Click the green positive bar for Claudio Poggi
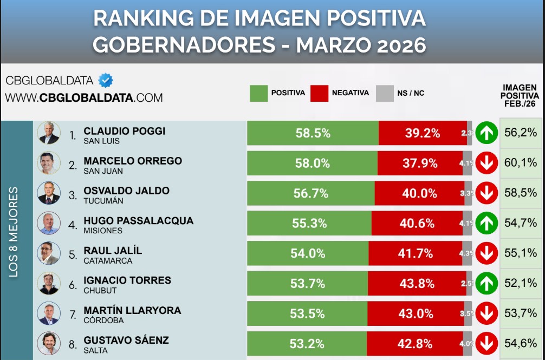pyautogui.click(x=313, y=133)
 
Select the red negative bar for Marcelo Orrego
pyautogui.click(x=420, y=163)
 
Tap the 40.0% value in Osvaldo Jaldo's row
pyautogui.click(x=419, y=193)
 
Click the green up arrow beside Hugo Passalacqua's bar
pyautogui.click(x=486, y=223)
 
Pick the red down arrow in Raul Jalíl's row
pyautogui.click(x=486, y=253)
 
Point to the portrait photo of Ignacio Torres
pyautogui.click(x=48, y=283)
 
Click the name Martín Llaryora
pyautogui.click(x=132, y=311)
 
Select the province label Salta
pyautogui.click(x=95, y=350)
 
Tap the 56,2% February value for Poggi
pyautogui.click(x=520, y=133)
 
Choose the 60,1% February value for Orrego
pyautogui.click(x=520, y=163)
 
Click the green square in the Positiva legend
pyautogui.click(x=258, y=93)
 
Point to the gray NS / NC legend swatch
pyautogui.click(x=384, y=93)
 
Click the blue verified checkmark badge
pyautogui.click(x=106, y=81)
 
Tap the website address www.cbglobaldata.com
pyautogui.click(x=84, y=98)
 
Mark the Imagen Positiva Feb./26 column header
pyautogui.click(x=519, y=96)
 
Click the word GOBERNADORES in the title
pyautogui.click(x=183, y=45)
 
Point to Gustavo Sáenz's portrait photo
pyautogui.click(x=48, y=343)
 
